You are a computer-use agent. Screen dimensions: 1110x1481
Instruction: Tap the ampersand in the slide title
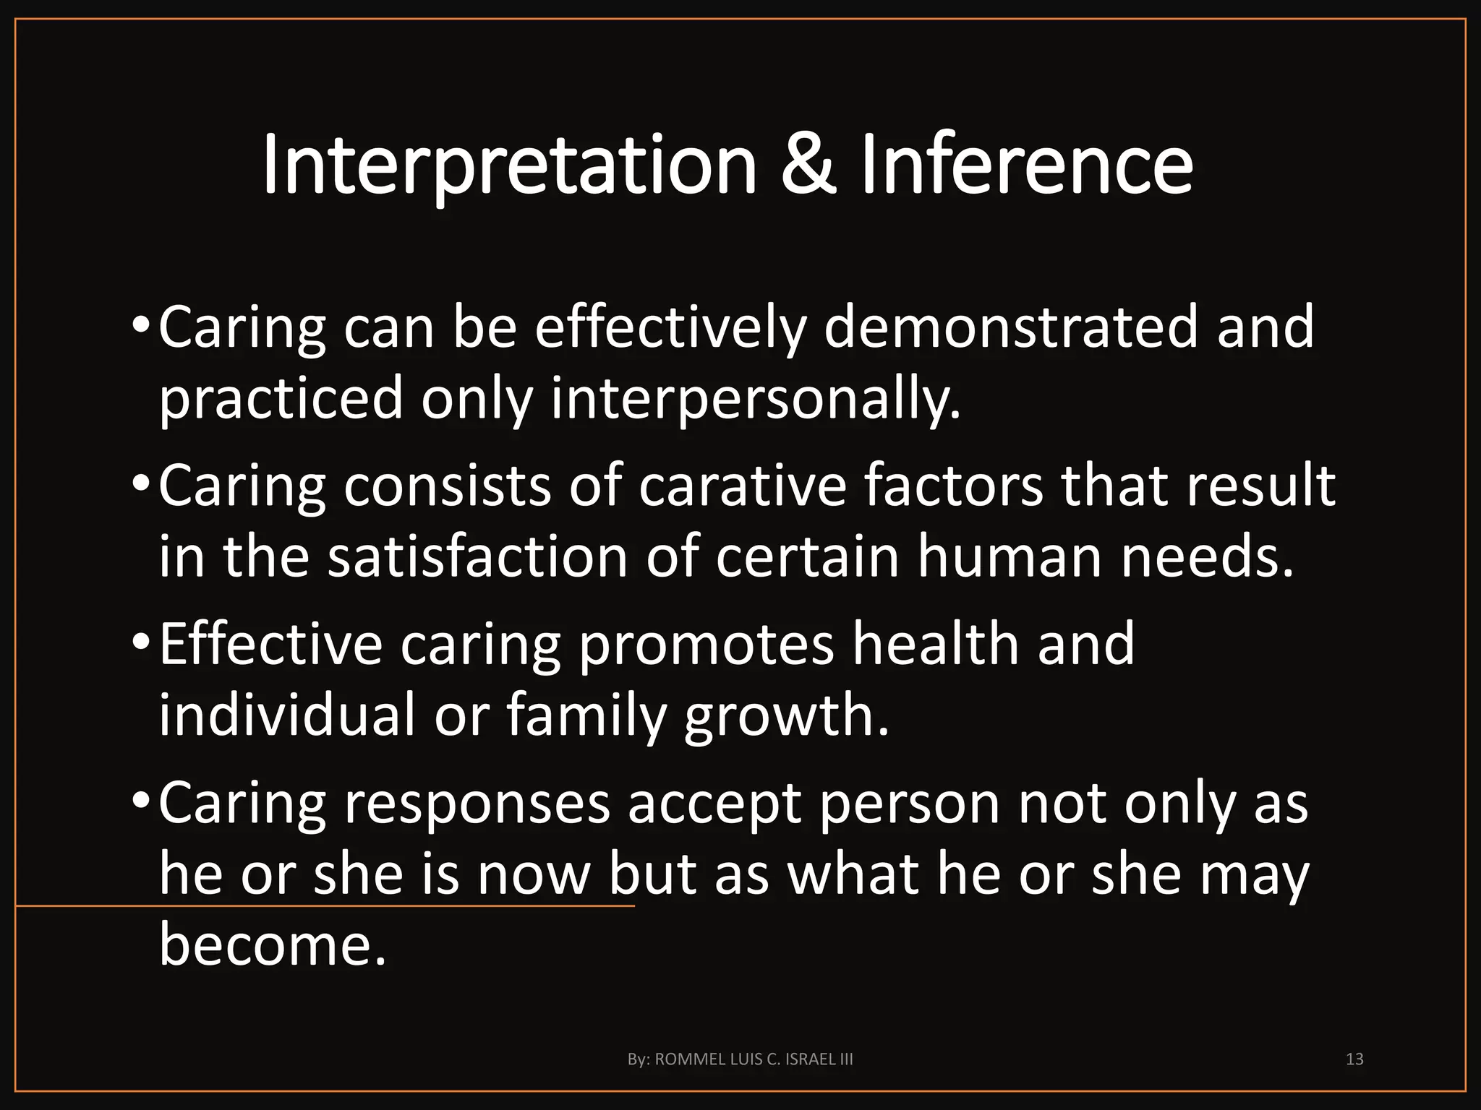(808, 166)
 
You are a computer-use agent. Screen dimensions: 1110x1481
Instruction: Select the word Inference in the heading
(1026, 166)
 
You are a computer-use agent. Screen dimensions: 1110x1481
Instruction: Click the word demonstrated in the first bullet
(1011, 327)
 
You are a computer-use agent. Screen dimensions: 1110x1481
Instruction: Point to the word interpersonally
(756, 400)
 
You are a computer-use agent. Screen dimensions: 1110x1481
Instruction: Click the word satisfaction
(477, 557)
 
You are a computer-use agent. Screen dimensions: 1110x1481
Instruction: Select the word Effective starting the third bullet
(270, 644)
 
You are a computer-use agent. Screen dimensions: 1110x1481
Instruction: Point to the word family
(585, 715)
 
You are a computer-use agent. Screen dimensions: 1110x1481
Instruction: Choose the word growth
(786, 715)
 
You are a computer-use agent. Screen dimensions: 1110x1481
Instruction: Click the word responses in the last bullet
(477, 803)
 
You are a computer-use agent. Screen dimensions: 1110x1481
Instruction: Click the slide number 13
(1354, 1059)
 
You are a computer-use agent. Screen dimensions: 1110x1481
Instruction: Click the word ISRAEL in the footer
(814, 1059)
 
